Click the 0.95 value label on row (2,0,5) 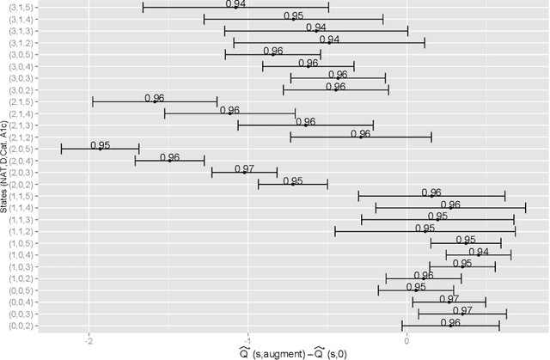101,145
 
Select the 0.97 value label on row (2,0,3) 245,168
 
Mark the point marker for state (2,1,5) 155,101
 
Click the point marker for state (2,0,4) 169,161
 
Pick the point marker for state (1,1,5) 431,196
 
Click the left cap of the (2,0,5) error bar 62,149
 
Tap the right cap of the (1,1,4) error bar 525,208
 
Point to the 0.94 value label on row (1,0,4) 479,252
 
